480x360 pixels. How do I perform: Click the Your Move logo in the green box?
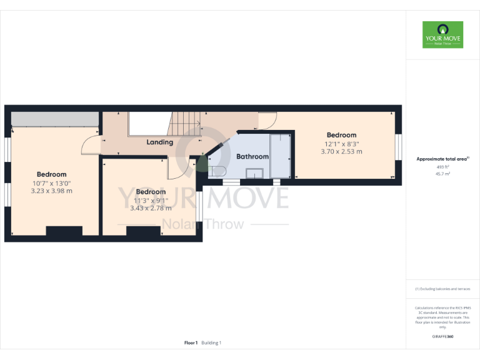point(442,35)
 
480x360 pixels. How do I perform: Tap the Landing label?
point(159,142)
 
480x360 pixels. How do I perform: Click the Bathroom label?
point(252,157)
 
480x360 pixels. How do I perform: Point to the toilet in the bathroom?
point(219,171)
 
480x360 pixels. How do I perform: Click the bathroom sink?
point(256,173)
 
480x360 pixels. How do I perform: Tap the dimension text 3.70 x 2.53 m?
point(341,152)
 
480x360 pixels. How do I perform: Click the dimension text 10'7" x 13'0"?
point(51,183)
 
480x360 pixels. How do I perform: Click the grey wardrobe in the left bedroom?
point(55,119)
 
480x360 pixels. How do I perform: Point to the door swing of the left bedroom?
point(91,145)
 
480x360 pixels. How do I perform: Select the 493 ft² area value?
point(442,167)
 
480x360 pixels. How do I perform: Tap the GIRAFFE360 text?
point(442,337)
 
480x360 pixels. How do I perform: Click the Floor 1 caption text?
point(191,342)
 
